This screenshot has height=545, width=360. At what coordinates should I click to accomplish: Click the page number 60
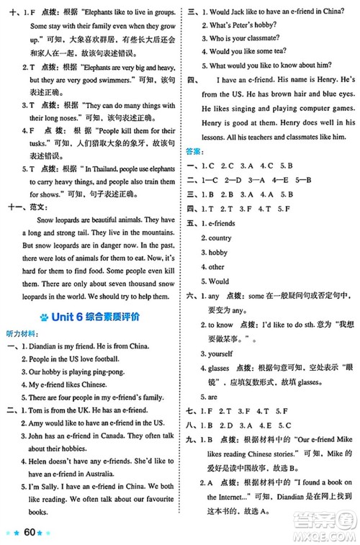30,532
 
